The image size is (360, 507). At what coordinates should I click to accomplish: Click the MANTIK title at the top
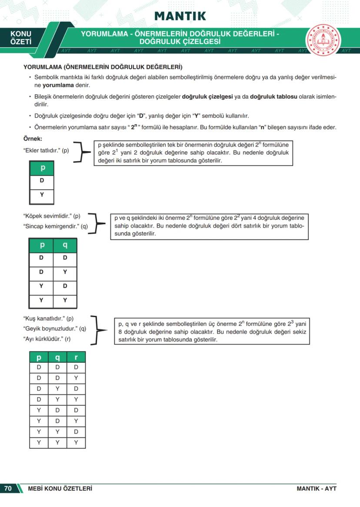(180, 16)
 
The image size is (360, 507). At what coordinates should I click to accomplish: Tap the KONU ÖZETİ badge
(21, 38)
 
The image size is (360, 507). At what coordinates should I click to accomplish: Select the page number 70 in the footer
(8, 488)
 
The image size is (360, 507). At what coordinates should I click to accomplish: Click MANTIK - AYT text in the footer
(316, 488)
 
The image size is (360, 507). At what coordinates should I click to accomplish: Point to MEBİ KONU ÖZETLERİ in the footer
(60, 488)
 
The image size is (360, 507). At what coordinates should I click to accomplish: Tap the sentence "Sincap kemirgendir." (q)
(55, 226)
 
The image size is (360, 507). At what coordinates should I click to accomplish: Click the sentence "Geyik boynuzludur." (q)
(54, 328)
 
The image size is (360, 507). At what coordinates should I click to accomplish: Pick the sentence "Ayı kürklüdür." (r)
(47, 339)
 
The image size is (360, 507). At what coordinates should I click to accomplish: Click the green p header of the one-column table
(42, 168)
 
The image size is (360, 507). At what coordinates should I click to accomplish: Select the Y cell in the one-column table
(42, 195)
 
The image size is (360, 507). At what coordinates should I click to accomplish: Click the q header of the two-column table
(65, 245)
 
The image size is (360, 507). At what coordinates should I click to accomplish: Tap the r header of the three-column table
(76, 357)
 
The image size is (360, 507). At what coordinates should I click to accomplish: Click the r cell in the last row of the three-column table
(76, 443)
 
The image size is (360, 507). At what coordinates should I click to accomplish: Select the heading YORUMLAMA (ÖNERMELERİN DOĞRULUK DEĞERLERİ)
(102, 67)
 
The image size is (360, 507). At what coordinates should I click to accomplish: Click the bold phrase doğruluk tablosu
(273, 96)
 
